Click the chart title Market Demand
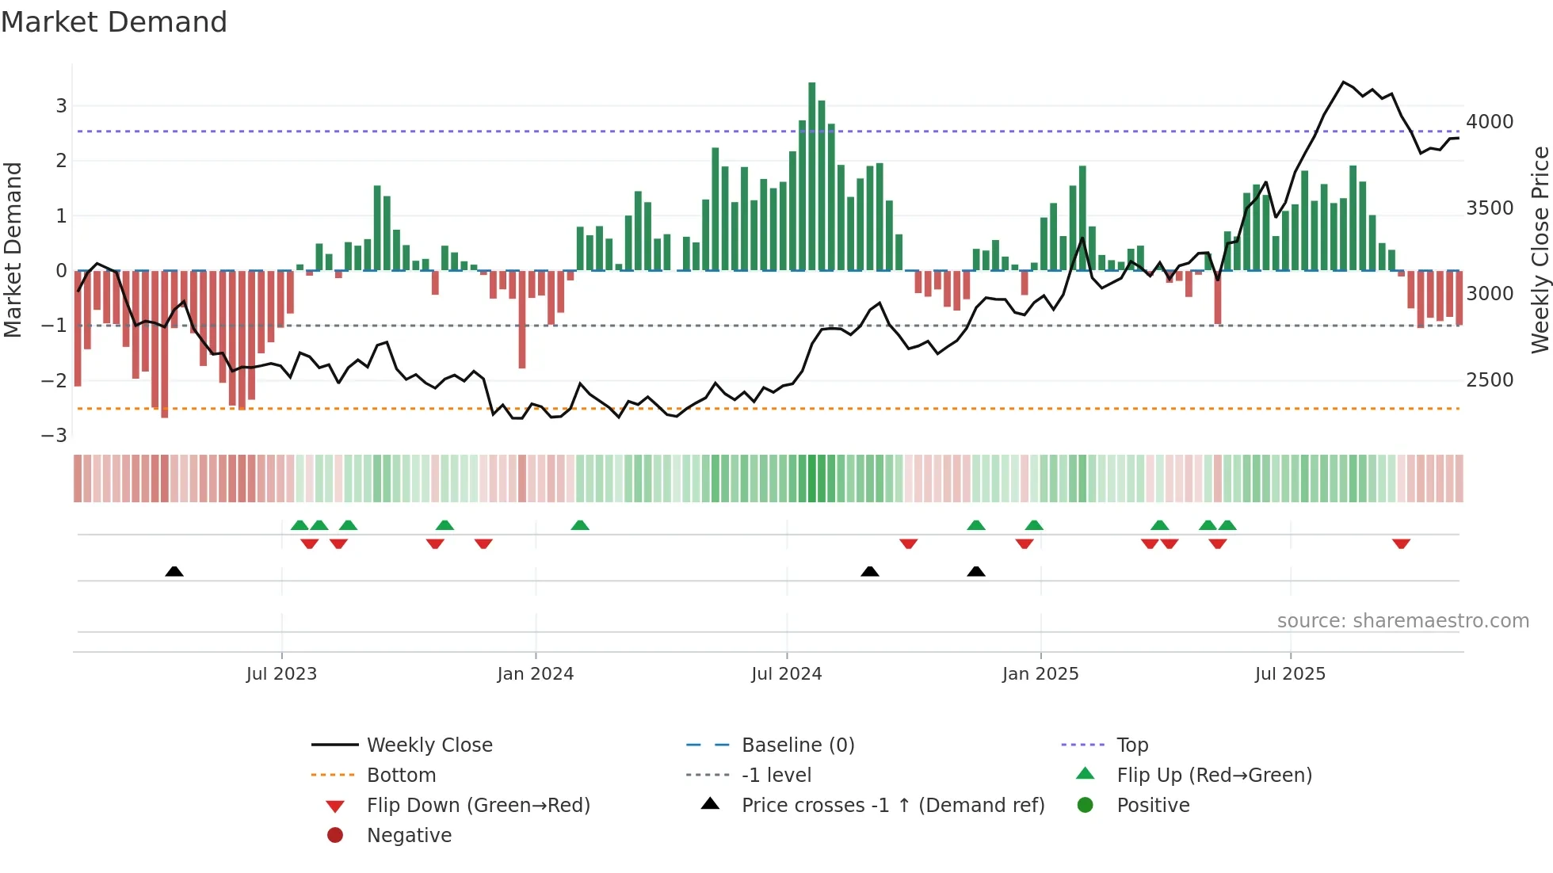[114, 21]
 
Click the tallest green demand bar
[811, 174]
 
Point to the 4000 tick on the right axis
[1490, 122]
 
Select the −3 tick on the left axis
[55, 435]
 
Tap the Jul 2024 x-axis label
[786, 674]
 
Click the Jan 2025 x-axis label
[1040, 674]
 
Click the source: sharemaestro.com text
[1402, 621]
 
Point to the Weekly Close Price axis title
[1540, 250]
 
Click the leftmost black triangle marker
[174, 571]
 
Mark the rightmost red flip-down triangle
[1401, 543]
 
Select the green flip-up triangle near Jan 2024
[580, 525]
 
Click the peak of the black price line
[1343, 82]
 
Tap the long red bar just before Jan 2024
[522, 321]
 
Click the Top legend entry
[1131, 745]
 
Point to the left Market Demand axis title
[13, 250]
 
